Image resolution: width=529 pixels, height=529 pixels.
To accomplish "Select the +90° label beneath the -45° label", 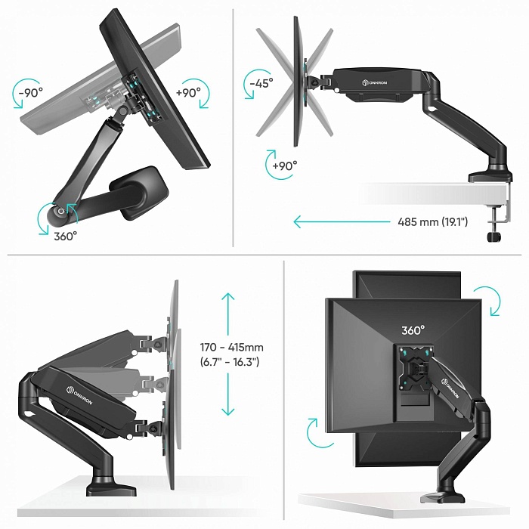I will pos(284,165).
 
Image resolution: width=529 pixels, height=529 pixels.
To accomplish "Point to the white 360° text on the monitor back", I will pos(413,330).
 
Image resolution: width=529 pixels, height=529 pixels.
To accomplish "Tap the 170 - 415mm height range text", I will pos(232,347).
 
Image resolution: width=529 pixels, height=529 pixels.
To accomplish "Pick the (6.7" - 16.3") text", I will pos(230,362).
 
